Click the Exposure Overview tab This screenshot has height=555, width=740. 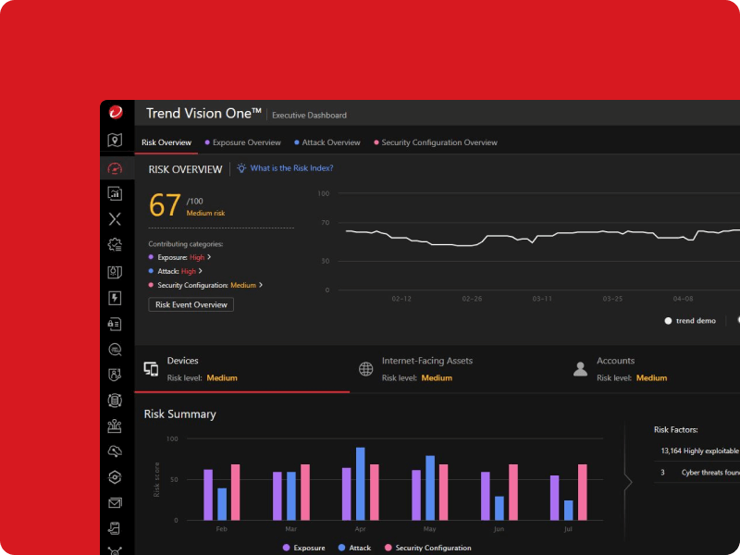point(246,142)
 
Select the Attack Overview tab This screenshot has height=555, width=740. point(330,142)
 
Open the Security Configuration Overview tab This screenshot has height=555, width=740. point(439,142)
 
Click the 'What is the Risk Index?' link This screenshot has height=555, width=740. point(291,168)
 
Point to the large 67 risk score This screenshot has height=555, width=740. point(165,204)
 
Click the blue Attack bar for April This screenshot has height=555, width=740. point(360,484)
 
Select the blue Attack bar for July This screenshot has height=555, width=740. point(568,510)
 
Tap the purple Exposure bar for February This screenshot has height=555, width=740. point(208,495)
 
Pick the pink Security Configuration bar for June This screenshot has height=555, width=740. point(513,492)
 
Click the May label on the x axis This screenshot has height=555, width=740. point(429,529)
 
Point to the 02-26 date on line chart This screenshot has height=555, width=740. point(472,299)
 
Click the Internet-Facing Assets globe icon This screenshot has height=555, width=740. point(365,369)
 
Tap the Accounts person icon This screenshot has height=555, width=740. point(580,369)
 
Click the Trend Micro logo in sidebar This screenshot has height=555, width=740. point(116,113)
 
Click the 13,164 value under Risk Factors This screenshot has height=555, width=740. point(671,450)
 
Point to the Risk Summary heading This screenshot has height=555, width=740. point(179,413)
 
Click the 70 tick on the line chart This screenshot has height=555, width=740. point(325,223)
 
